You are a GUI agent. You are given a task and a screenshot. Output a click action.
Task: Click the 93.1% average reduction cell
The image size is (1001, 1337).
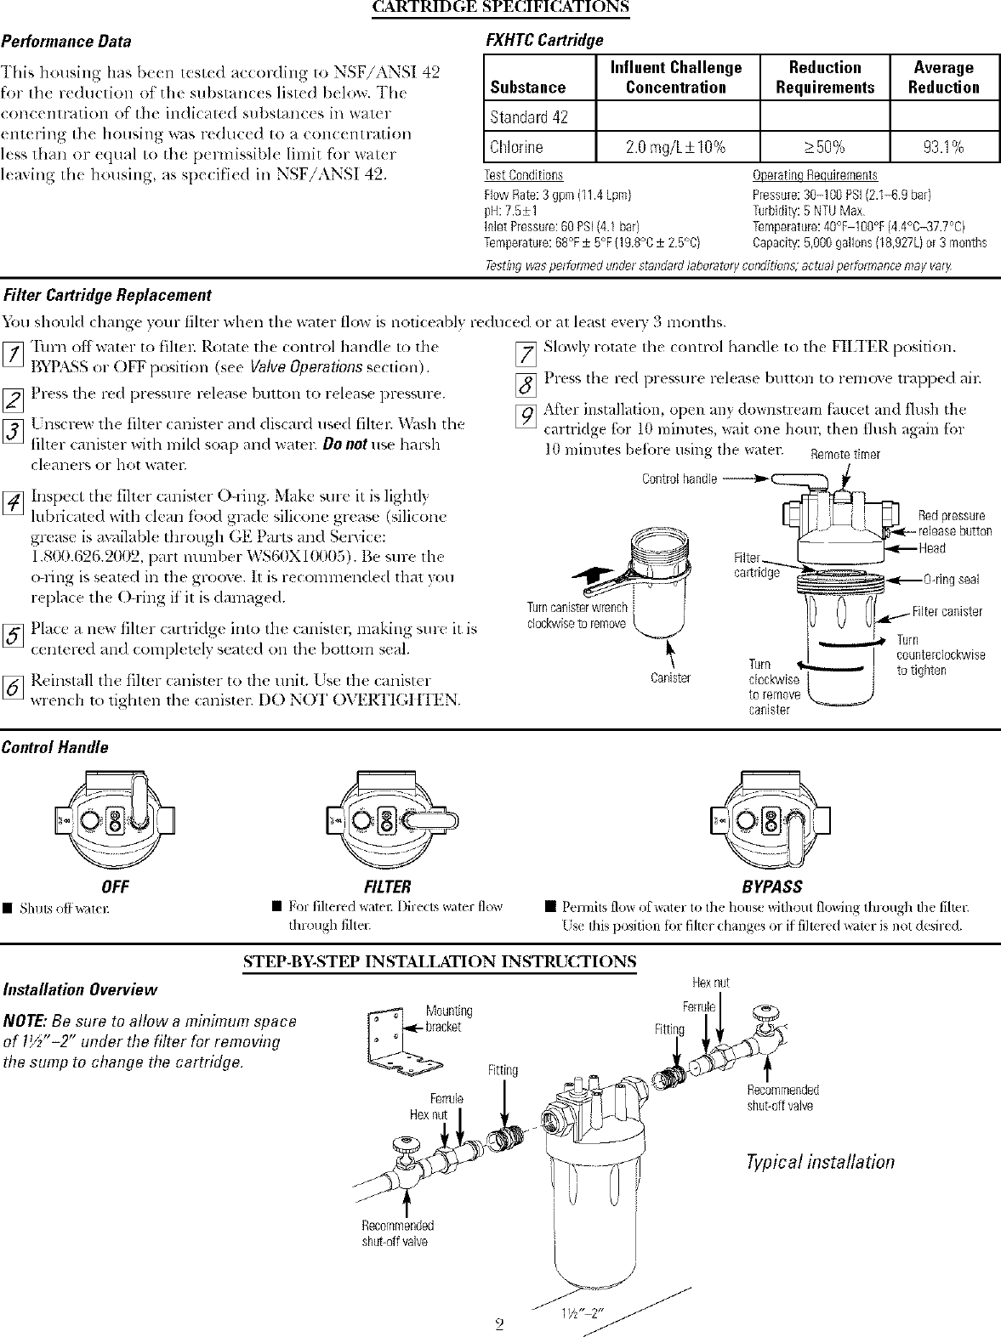943,147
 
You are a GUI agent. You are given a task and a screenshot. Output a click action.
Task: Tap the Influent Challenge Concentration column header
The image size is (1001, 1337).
676,77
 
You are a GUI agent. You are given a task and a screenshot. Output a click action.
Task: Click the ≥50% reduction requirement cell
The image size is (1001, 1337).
823,147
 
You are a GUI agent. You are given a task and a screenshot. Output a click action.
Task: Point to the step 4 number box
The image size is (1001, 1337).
12,504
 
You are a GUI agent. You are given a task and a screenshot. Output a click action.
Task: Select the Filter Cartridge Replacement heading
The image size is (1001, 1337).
107,295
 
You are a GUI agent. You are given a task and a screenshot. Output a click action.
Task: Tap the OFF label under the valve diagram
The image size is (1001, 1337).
115,887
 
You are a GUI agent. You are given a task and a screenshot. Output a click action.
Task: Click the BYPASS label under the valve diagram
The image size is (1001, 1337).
772,887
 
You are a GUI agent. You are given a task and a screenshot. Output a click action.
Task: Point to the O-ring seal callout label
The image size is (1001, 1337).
951,580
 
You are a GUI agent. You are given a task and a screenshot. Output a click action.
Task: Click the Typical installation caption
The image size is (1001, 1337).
820,1162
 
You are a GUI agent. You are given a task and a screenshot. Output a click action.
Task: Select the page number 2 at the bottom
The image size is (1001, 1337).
500,1324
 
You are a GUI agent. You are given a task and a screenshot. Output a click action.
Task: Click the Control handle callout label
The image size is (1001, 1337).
680,479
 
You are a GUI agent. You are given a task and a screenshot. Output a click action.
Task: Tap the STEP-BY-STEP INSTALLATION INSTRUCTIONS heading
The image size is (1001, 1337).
440,961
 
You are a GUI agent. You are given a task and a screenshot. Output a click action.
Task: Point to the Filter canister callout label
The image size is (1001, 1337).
947,611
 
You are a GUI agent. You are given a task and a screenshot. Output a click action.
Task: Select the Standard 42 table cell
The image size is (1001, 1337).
529,117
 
